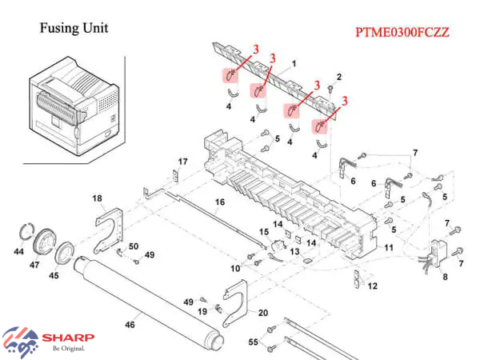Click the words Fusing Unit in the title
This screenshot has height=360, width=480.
[74, 29]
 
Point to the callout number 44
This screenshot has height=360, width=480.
[18, 251]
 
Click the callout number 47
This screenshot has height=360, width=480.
[35, 264]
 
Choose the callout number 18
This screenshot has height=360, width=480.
[97, 198]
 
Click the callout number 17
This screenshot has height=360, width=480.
[182, 162]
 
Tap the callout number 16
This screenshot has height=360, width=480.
[219, 202]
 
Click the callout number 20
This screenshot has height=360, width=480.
[262, 312]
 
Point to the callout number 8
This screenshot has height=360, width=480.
[445, 277]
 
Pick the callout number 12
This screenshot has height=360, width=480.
[372, 286]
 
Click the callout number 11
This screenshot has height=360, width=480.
[390, 249]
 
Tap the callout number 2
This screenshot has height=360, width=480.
[339, 76]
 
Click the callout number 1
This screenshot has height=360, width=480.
[294, 63]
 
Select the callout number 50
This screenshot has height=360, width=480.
[134, 246]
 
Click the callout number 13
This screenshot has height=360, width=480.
[294, 252]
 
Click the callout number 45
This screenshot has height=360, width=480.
[54, 276]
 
